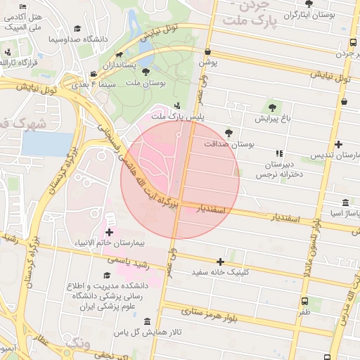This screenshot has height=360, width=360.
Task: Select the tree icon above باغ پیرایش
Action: click(x=272, y=108)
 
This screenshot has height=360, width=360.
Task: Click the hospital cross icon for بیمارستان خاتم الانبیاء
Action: click(x=109, y=232)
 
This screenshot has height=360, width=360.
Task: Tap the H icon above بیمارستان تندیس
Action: click(x=338, y=144)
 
